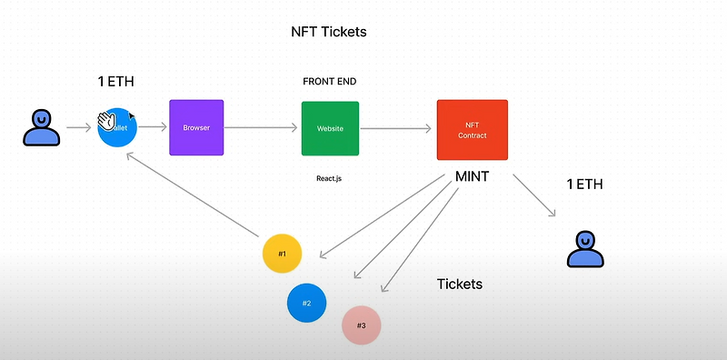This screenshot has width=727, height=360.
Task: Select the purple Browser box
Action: (196, 127)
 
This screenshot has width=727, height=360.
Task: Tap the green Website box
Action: (330, 128)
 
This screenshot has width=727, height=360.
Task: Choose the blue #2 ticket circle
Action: (306, 302)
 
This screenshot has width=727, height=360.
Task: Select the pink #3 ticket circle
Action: (361, 325)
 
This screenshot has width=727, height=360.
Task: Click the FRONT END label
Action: (329, 82)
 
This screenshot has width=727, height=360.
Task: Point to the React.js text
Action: (329, 178)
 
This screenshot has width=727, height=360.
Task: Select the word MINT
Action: (472, 176)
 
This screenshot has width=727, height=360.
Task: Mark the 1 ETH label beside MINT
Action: (585, 185)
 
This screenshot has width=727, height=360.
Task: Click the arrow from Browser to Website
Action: (262, 128)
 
